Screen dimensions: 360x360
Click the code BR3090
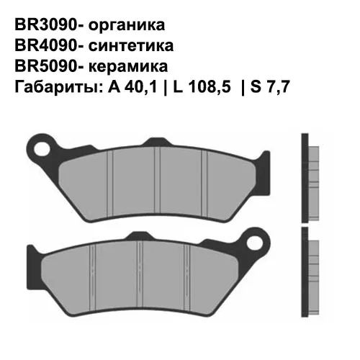tap(42, 25)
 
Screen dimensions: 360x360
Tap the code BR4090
tap(42, 46)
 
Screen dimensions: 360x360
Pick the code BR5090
tap(42, 66)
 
